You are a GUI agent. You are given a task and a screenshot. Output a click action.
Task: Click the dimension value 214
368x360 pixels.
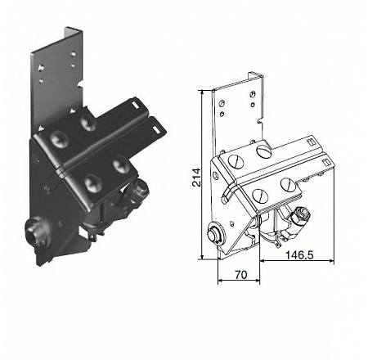196,178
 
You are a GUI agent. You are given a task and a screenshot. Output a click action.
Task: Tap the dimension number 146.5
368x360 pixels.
299,255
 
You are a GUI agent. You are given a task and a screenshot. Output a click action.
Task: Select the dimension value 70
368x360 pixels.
241,275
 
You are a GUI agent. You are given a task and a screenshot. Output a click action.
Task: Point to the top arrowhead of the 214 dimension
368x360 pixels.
202,92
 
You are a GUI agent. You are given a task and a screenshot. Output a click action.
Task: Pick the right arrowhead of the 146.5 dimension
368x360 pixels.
331,261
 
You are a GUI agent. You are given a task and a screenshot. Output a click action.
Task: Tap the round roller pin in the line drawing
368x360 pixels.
215,233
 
